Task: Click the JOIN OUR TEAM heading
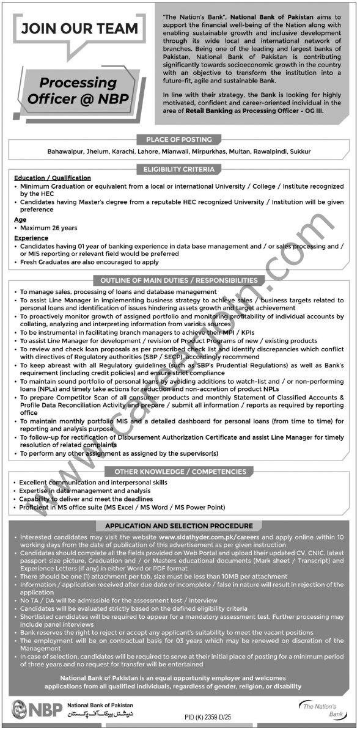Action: tap(79, 28)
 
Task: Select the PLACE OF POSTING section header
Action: tap(179, 139)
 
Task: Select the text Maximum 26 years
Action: tap(49, 227)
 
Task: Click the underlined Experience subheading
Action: tap(31, 238)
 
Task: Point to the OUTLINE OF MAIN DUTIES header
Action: tap(179, 280)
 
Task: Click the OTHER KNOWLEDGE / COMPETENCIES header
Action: tap(179, 472)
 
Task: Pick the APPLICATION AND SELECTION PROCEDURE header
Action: tap(180, 525)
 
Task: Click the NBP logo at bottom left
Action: tap(29, 712)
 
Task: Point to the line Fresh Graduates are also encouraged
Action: tap(89, 261)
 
